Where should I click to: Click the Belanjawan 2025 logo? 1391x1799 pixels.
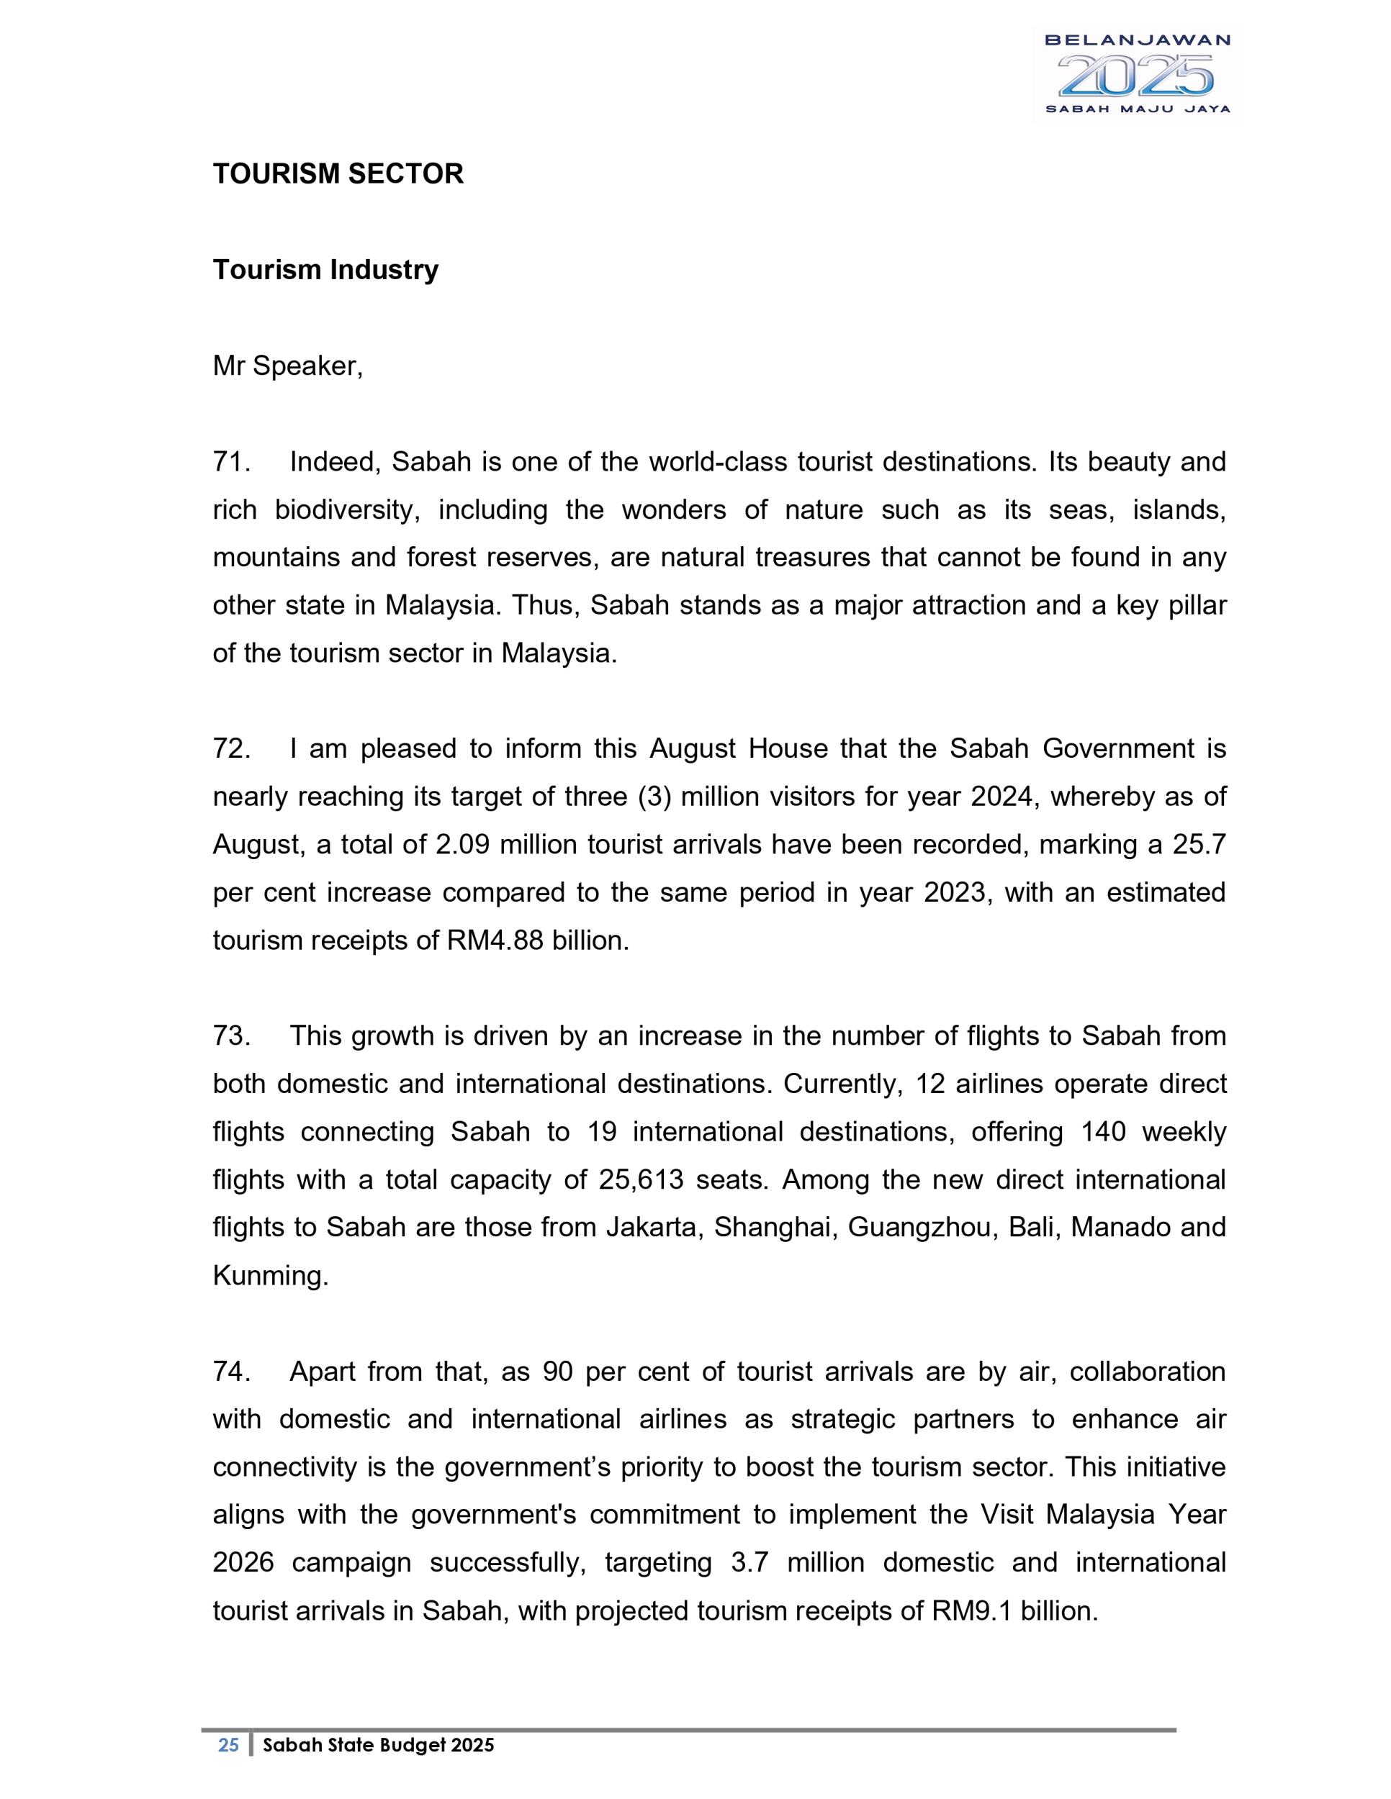point(1136,74)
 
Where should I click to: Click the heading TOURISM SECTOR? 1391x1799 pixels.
point(338,174)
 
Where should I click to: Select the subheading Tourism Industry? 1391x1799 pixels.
point(325,269)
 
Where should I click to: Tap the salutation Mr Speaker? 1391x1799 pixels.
point(287,366)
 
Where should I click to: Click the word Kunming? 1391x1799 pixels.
point(270,1276)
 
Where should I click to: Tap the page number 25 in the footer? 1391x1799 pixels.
point(228,1744)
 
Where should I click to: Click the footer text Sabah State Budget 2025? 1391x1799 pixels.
point(378,1744)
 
